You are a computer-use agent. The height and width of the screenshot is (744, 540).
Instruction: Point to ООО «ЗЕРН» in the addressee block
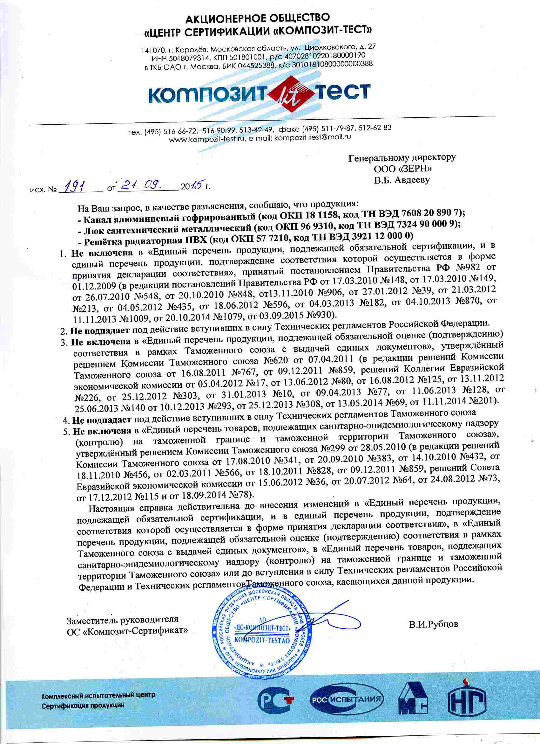(x=403, y=169)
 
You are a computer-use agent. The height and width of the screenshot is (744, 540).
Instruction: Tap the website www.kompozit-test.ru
(x=207, y=139)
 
